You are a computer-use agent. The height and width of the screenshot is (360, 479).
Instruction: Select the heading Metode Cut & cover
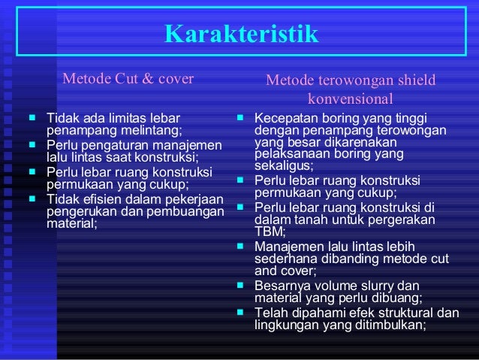[128, 78]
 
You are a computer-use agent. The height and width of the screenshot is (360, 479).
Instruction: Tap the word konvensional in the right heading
[351, 98]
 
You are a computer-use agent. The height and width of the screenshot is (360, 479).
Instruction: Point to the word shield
[413, 81]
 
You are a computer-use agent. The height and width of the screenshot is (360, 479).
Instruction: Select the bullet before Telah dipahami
[240, 313]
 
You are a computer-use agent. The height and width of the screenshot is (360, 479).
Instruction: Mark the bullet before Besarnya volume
[240, 286]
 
